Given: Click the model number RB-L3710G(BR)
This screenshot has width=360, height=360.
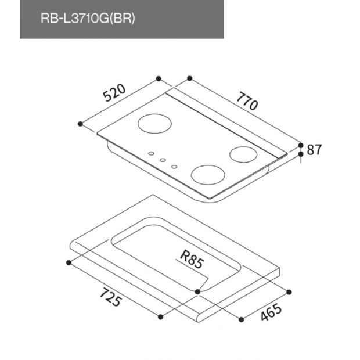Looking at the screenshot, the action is point(88,18).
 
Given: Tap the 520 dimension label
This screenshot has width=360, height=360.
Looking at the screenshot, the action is point(114,93).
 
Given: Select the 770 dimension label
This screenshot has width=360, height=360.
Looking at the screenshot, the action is point(247,101).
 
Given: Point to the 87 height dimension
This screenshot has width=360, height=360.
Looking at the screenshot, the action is point(314,150).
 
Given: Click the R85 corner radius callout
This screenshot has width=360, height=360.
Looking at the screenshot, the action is point(192,260).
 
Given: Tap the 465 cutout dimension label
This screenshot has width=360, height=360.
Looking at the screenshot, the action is point(271,312).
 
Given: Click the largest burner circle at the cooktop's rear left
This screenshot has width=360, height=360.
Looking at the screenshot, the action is point(155,124).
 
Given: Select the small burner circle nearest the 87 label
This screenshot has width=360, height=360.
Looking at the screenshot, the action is point(243,154).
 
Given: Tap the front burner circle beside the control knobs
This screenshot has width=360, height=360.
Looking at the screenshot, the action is point(208,175).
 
